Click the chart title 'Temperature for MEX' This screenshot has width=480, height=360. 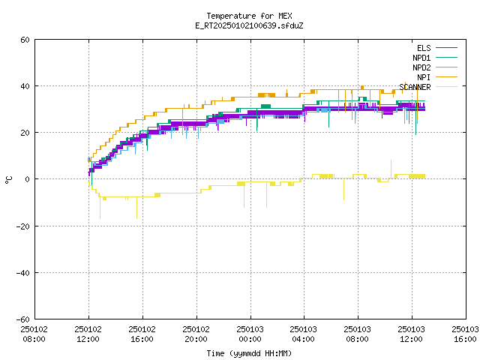(x=249, y=16)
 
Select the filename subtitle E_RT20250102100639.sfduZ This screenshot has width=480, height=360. (x=249, y=25)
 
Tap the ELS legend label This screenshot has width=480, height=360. (x=424, y=48)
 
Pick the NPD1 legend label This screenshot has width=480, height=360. (x=421, y=58)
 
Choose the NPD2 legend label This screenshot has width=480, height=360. (x=421, y=67)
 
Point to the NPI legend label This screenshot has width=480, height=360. (x=424, y=77)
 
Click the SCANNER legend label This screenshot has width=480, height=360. (x=415, y=87)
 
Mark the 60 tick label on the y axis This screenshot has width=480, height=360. (x=25, y=40)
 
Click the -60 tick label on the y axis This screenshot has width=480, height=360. (x=23, y=319)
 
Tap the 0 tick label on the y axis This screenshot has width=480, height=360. (x=28, y=179)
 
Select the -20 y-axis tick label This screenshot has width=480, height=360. (x=23, y=226)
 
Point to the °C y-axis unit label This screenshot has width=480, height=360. (x=8, y=180)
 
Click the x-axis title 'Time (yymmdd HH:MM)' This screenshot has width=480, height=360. (x=249, y=353)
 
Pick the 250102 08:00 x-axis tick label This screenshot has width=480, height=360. (x=34, y=334)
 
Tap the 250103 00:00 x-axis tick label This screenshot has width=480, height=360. (x=250, y=334)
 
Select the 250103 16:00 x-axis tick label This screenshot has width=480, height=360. (x=465, y=334)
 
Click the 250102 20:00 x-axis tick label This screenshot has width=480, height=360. (x=196, y=334)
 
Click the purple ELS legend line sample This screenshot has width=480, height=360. (x=446, y=48)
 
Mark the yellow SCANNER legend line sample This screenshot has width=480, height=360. (x=446, y=87)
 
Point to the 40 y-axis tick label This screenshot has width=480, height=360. (x=25, y=86)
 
